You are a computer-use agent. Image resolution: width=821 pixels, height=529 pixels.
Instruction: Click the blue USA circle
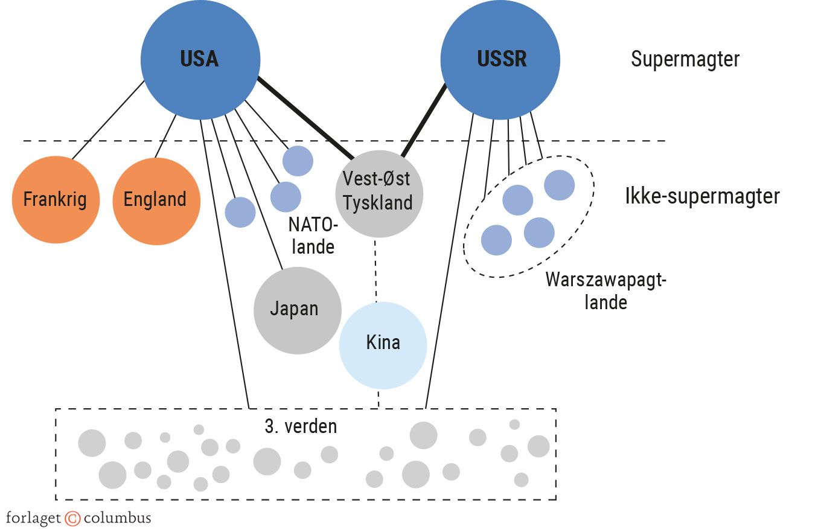point(200,59)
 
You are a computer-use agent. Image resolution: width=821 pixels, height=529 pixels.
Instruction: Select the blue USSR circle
point(500,59)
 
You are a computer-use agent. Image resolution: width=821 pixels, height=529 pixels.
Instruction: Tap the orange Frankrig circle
point(56,199)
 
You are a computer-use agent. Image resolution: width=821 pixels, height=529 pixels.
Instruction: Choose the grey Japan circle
point(296,310)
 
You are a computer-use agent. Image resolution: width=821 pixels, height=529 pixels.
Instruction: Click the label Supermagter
point(685,59)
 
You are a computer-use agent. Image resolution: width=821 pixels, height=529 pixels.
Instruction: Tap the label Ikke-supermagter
point(702,196)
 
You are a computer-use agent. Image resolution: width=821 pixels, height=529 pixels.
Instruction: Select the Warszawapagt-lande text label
point(605,290)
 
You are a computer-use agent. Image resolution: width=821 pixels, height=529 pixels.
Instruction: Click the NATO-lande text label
point(311,236)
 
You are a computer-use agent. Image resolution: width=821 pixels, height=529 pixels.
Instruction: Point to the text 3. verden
point(301,426)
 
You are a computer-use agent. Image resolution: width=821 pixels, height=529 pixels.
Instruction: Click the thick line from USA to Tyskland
point(305,117)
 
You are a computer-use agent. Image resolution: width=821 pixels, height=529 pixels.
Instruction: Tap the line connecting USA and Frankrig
point(109,120)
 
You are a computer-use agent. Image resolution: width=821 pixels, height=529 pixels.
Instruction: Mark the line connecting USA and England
point(166,136)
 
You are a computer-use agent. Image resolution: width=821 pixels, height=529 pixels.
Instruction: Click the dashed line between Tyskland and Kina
point(376,269)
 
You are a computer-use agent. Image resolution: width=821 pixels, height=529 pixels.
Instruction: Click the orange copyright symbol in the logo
point(72,518)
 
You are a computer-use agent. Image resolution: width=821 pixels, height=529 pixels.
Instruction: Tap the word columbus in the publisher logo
point(117,518)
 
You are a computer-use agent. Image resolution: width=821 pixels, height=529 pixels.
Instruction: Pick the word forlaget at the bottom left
point(34,518)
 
